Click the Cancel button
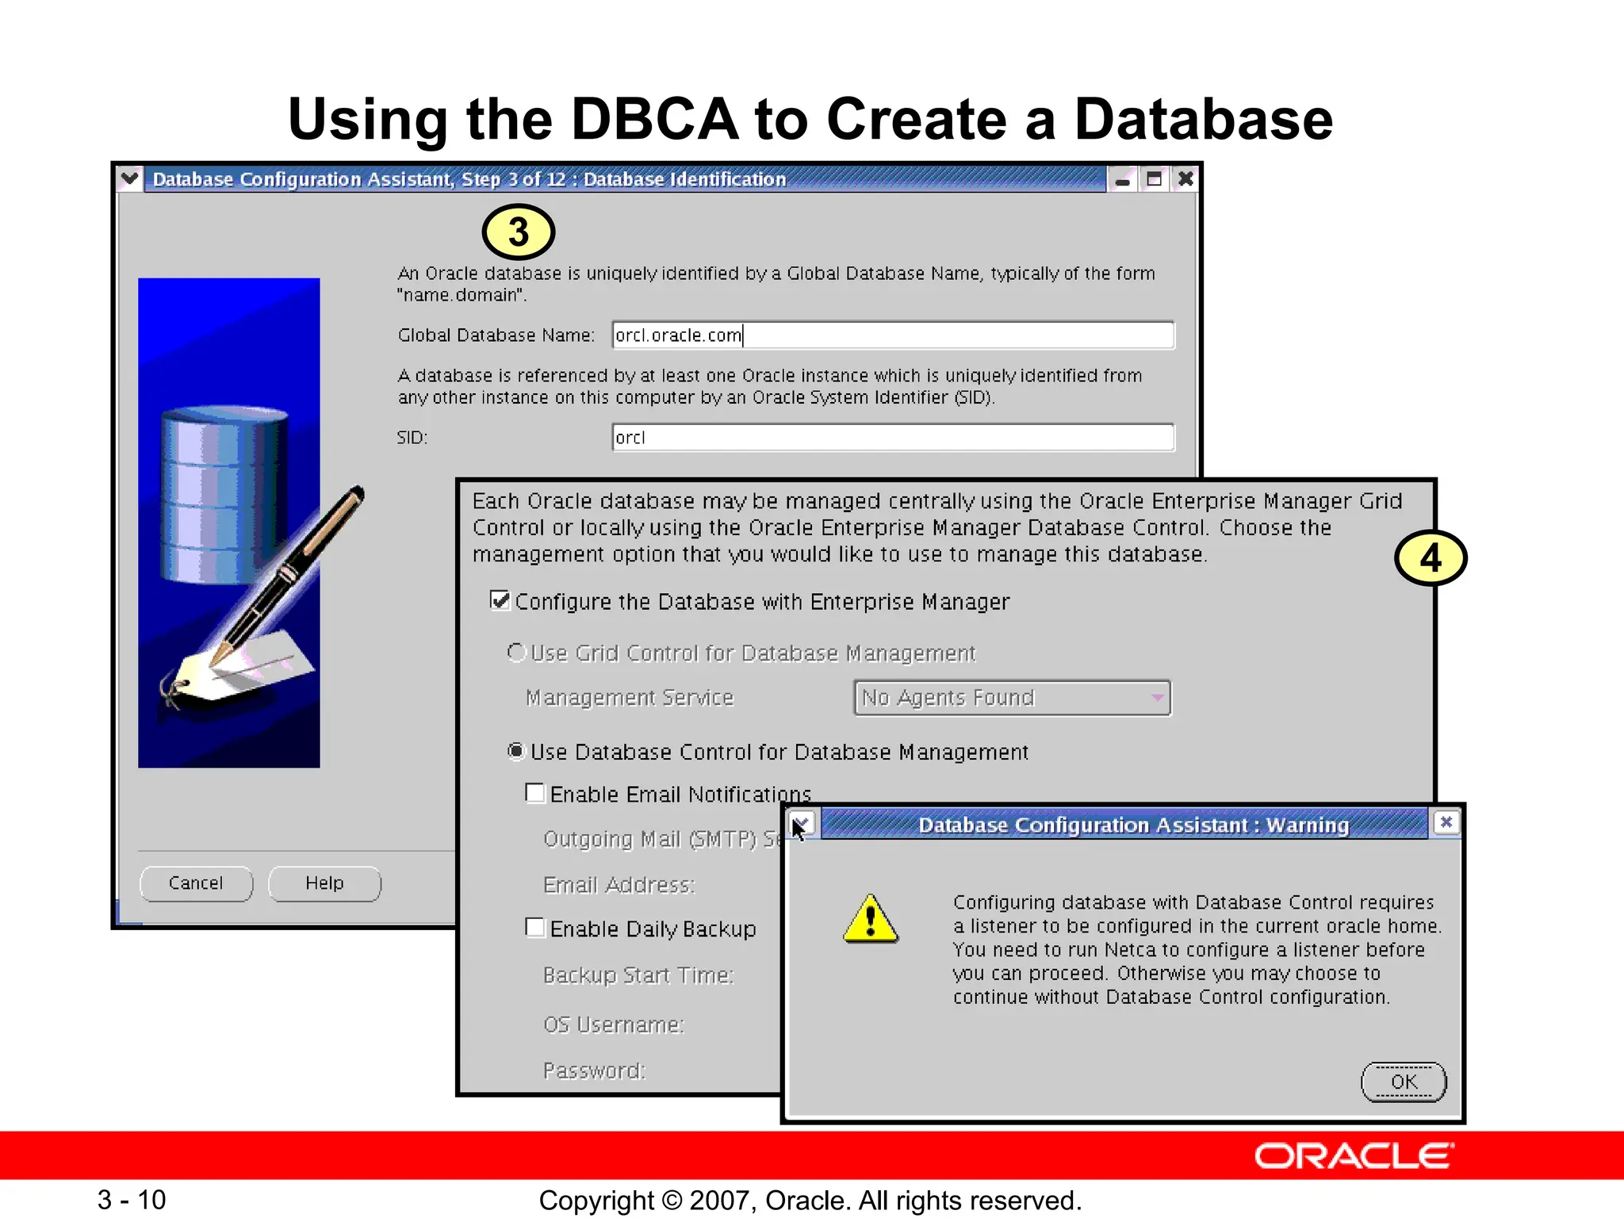[196, 883]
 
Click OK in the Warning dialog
[1404, 1082]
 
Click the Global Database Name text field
[892, 335]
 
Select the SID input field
[892, 438]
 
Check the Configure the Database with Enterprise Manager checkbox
[500, 601]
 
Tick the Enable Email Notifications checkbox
[535, 794]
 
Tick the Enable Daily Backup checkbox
[535, 928]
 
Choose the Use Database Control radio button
[516, 751]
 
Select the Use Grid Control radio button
[516, 653]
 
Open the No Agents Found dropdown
[1012, 698]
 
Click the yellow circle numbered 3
[519, 232]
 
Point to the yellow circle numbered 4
[1431, 558]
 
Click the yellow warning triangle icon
[871, 920]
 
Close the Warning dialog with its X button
[1446, 822]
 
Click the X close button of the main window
[1185, 179]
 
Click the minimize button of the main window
[1122, 180]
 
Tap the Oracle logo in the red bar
[1354, 1156]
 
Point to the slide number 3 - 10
[132, 1200]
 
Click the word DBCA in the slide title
[655, 119]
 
